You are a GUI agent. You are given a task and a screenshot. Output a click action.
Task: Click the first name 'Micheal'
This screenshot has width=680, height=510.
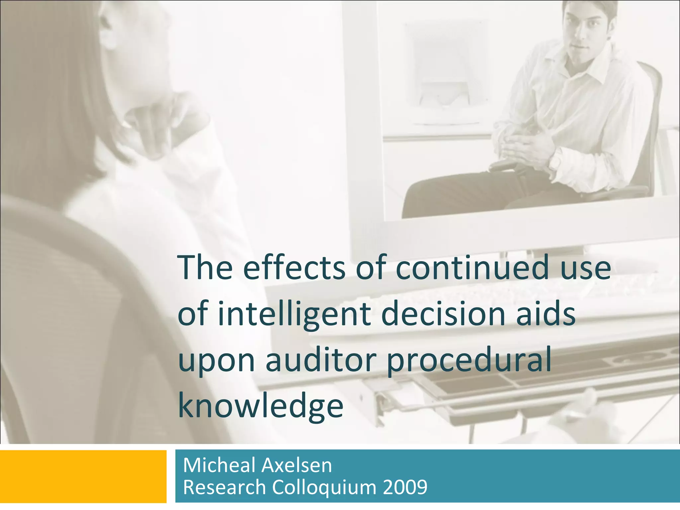click(x=219, y=465)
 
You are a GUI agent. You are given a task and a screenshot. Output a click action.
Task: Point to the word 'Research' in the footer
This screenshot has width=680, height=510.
click(x=224, y=488)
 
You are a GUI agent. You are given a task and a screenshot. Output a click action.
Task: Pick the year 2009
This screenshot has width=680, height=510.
click(x=405, y=488)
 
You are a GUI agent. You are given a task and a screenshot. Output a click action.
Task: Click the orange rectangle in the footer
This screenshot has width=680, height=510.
click(x=83, y=476)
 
